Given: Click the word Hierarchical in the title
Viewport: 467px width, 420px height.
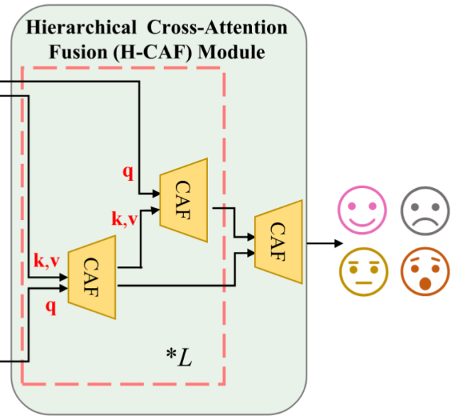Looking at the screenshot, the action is tap(82, 28).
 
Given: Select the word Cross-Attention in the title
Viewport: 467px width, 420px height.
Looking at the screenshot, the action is tap(217, 28).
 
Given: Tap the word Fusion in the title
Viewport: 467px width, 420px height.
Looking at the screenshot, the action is tap(78, 52).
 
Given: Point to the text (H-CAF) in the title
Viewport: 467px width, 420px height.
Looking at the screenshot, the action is tap(153, 52).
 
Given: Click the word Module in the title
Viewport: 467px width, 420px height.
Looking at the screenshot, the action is tap(231, 52).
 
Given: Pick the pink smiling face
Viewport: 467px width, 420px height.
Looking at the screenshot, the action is tap(362, 210).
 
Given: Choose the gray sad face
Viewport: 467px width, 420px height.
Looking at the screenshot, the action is tap(425, 211).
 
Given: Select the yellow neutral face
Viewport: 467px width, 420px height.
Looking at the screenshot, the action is tap(363, 272).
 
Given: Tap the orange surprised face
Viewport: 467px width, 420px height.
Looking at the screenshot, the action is tap(425, 271).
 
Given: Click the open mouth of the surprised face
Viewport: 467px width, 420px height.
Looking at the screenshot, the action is tap(425, 283).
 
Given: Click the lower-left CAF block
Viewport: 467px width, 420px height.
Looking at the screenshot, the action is tap(92, 277).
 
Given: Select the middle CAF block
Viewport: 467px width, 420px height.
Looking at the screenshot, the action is tap(184, 200).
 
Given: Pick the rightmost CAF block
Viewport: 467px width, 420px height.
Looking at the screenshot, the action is tap(278, 242).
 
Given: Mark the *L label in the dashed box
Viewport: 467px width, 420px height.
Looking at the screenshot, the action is tap(179, 358).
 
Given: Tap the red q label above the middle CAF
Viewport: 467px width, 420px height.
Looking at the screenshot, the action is tap(128, 172).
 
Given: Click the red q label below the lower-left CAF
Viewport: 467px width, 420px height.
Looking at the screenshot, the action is tap(51, 306).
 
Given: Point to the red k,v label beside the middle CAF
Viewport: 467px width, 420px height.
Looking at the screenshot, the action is tap(124, 219).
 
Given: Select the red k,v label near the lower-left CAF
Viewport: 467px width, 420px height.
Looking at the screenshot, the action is tap(47, 261).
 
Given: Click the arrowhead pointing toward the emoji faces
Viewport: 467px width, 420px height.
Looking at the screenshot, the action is tap(339, 243).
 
